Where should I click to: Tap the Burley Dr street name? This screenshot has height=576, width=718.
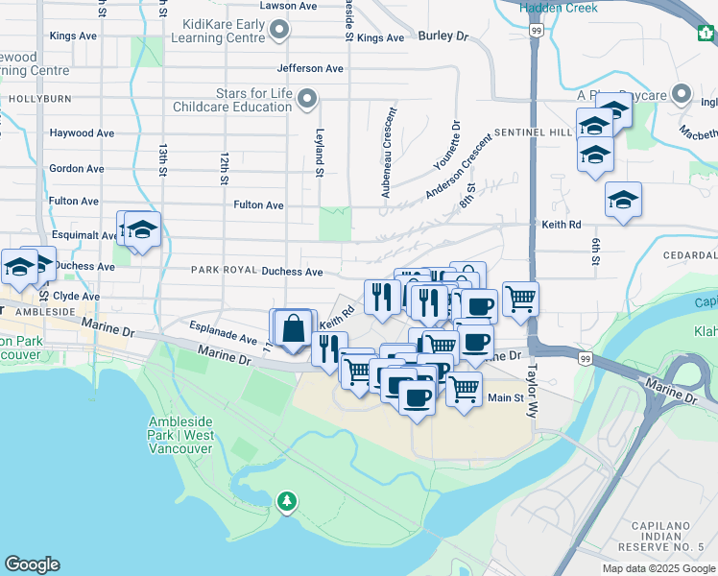click(x=443, y=36)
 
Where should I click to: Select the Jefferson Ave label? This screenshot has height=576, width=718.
click(x=309, y=69)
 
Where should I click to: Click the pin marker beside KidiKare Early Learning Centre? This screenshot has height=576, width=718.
click(x=278, y=32)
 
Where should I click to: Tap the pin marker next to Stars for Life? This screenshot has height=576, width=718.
click(x=307, y=98)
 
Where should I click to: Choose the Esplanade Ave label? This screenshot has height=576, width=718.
click(x=223, y=339)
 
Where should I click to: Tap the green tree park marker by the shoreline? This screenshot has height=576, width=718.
click(x=286, y=501)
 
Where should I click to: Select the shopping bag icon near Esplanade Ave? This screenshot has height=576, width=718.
click(x=294, y=328)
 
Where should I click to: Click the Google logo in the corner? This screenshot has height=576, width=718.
click(x=32, y=564)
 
